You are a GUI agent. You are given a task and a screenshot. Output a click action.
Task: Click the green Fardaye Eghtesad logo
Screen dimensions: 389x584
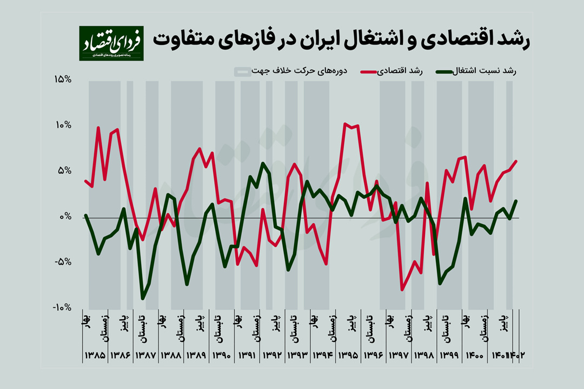coord(111,43)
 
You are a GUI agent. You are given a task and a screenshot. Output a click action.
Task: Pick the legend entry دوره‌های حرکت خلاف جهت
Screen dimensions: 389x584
coord(297,71)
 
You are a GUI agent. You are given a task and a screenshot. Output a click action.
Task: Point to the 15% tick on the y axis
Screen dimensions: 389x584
coord(63,80)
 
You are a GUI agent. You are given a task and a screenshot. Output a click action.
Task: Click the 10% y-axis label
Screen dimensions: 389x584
coord(63,125)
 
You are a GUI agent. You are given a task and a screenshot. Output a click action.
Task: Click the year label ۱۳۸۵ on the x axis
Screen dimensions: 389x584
coord(95,356)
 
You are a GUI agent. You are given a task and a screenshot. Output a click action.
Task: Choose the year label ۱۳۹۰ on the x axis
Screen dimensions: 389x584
coord(222,356)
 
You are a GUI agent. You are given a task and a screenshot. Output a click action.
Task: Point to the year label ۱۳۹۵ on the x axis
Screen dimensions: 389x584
coord(348,356)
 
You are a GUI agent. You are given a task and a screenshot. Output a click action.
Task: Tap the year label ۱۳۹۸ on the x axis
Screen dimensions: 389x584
coord(424,356)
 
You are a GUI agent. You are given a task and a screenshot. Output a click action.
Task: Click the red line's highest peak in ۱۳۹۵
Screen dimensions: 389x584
coord(345,124)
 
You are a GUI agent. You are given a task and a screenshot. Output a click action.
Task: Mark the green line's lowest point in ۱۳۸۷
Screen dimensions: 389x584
coord(143,298)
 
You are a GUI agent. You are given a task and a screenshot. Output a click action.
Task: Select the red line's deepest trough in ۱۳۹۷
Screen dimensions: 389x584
coord(402,290)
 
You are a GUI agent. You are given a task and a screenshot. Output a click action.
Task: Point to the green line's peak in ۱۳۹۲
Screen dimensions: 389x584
coord(263,163)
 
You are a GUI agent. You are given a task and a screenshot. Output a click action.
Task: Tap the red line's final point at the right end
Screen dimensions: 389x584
coord(516,161)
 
